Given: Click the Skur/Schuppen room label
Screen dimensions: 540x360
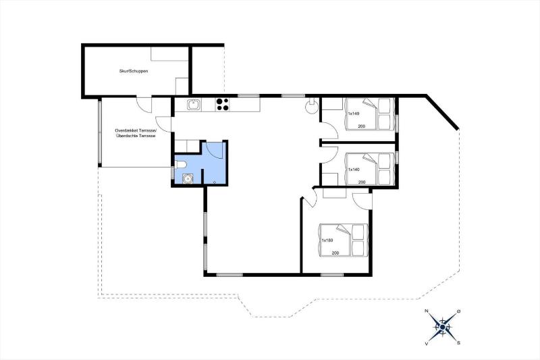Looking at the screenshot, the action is tap(133, 72).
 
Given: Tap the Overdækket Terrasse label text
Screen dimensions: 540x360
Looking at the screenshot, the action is tap(136, 131).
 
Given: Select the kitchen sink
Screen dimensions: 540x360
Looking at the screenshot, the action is tap(194, 105).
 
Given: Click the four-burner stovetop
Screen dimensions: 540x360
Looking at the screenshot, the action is tap(222, 105).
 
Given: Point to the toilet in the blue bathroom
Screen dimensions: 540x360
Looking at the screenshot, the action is tap(181, 165).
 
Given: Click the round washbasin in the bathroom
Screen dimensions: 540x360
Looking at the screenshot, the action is tap(188, 179).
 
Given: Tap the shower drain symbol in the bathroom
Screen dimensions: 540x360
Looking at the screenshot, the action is tap(215, 182).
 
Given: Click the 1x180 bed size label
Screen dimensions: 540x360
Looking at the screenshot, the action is tap(327, 240).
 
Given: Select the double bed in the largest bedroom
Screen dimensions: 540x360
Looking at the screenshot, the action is tap(344, 240).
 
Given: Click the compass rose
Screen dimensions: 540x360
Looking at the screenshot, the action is tap(443, 327).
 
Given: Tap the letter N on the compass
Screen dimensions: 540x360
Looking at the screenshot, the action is tap(427, 311).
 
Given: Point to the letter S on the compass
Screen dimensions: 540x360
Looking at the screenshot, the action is tap(459, 342).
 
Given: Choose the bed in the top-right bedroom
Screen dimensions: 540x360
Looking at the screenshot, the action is tap(369, 114).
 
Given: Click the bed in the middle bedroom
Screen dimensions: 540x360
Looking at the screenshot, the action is tap(369, 170).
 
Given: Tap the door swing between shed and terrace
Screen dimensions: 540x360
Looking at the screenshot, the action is tap(144, 105).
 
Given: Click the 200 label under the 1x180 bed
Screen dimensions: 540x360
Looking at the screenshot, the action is tap(335, 253).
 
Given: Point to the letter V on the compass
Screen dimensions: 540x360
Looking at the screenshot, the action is tap(427, 343).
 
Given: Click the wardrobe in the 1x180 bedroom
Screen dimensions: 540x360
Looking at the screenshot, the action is tap(334, 193).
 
